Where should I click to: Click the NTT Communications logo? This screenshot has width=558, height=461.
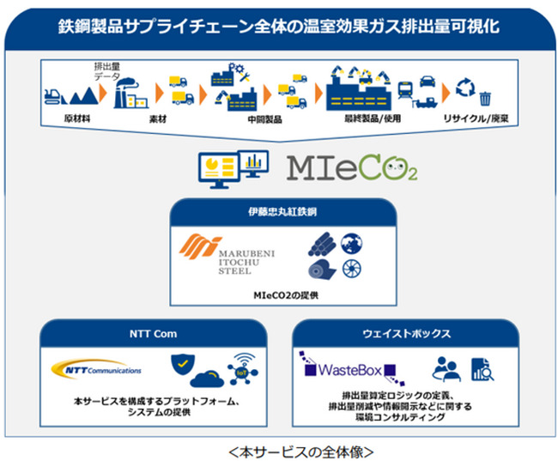[x=97, y=370]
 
